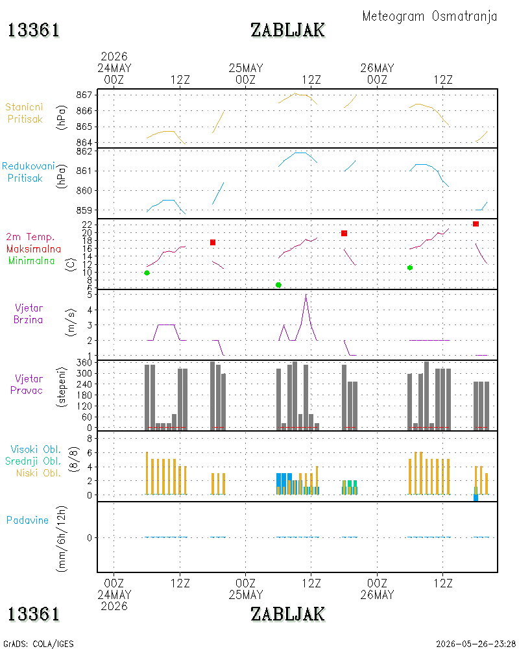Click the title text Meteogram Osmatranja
[x=429, y=17]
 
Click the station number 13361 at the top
[x=34, y=31]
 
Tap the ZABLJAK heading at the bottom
[x=287, y=614]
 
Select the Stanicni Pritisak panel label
[x=25, y=113]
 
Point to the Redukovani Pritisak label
[x=28, y=172]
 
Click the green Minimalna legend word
[x=31, y=261]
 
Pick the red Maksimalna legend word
[x=34, y=249]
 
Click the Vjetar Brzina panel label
[x=28, y=313]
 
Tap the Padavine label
[x=27, y=520]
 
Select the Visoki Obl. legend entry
[x=36, y=450]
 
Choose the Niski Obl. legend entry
[x=38, y=473]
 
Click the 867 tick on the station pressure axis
[x=84, y=95]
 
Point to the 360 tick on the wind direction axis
[x=84, y=363]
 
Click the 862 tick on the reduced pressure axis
[x=84, y=151]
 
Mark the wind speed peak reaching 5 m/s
[x=306, y=294]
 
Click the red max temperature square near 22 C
[x=476, y=224]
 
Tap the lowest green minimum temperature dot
[x=278, y=285]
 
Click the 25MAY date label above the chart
[x=246, y=68]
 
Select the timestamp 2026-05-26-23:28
[x=476, y=644]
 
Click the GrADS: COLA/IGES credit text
[x=38, y=644]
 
